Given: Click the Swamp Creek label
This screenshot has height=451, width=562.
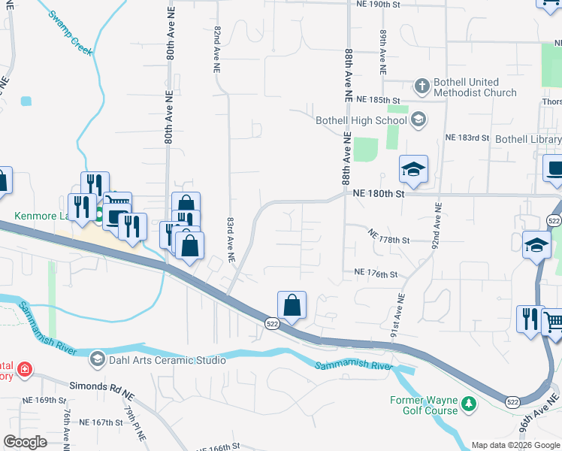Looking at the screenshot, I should click(x=69, y=32).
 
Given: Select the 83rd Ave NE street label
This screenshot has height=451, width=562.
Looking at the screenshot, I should click(x=231, y=240).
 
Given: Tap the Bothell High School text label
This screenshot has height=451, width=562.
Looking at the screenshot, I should click(x=361, y=120).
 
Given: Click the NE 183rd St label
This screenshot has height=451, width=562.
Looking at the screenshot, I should click(x=467, y=138).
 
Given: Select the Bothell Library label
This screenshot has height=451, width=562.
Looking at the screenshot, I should click(x=528, y=139).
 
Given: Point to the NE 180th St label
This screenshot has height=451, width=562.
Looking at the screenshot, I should click(x=379, y=193).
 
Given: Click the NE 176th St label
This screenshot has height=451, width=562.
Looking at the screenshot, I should click(x=375, y=274).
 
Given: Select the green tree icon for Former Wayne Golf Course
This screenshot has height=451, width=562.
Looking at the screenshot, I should click(x=469, y=404).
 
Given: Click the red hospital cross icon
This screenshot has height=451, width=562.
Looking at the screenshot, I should click(x=24, y=370).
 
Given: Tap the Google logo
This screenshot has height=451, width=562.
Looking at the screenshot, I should click(x=26, y=442).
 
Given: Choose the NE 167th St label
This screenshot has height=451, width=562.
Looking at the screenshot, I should click(x=101, y=422).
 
